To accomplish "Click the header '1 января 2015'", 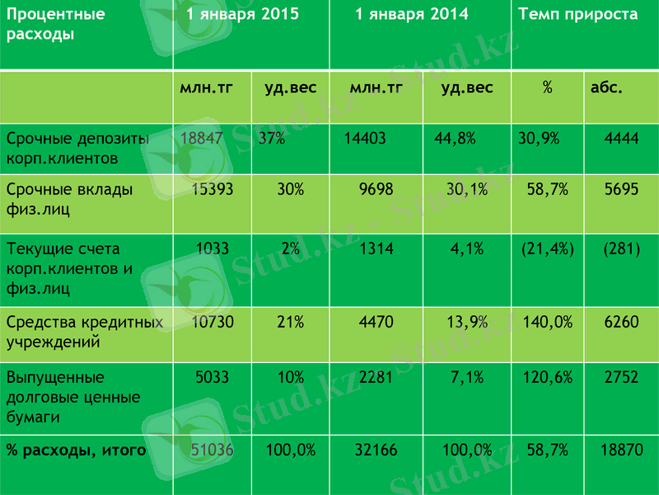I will (242, 15).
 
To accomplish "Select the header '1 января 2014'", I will (412, 15).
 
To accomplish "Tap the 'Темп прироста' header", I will (577, 15).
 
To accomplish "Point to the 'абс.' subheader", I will (606, 87).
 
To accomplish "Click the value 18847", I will (201, 139).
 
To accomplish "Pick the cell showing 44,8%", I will (455, 139).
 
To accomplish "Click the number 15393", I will (212, 189).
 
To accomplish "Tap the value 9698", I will (378, 189).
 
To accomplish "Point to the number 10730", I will (212, 322).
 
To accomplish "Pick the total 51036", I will (212, 450).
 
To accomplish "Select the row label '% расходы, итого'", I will (76, 450).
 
